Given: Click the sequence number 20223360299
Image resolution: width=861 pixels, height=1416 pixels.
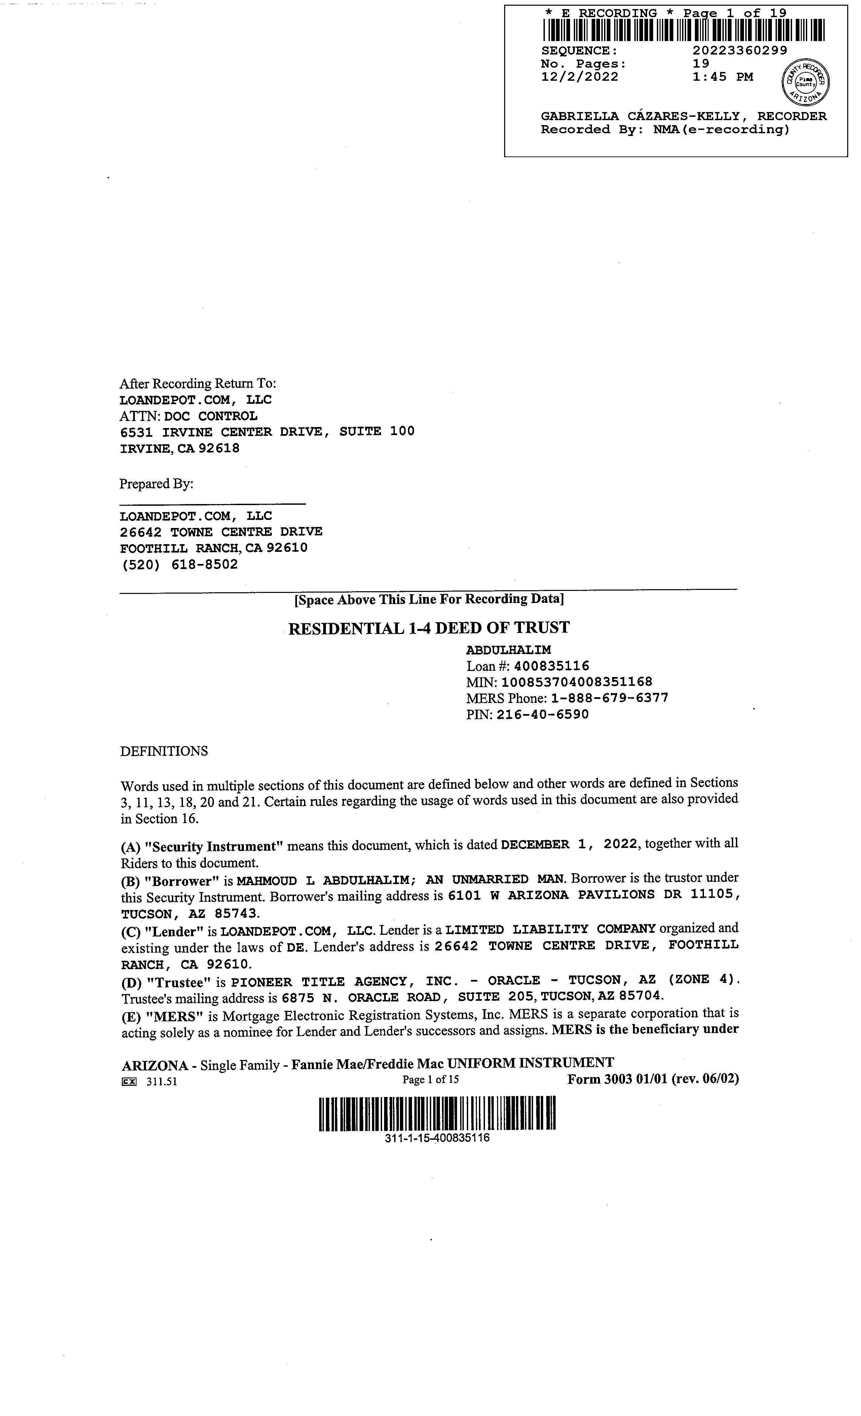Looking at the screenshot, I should pos(740,50).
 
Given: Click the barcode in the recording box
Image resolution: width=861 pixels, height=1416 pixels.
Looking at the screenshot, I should pos(683,31).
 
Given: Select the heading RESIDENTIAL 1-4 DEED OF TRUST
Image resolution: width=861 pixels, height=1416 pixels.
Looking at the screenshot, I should pos(428,628).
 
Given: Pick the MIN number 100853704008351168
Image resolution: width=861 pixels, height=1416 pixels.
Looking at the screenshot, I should pos(577,682).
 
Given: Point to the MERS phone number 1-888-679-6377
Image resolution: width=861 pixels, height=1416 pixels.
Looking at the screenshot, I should pos(609,698).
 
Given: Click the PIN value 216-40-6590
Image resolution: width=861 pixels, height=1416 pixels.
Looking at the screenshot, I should pos(543,714).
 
